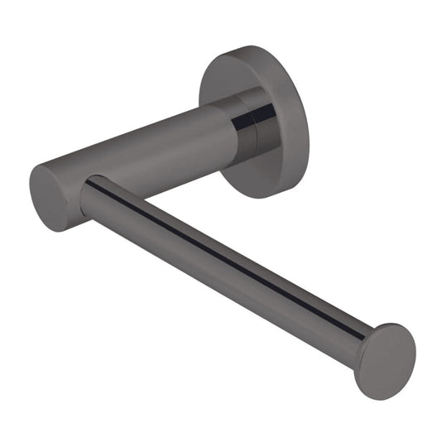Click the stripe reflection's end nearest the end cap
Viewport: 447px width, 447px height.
tap(364, 334)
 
